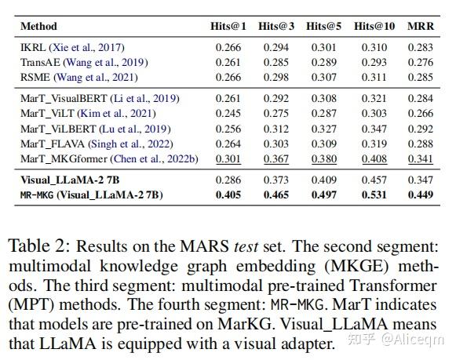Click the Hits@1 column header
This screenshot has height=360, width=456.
[x=228, y=26]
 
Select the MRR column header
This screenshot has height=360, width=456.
[x=421, y=26]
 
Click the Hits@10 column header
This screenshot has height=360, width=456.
[x=374, y=26]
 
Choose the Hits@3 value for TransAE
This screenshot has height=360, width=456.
[x=275, y=63]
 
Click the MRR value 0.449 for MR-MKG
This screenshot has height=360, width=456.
[x=421, y=195]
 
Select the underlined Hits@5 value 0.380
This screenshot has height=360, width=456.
[x=323, y=158]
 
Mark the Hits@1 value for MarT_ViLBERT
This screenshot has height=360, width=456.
[x=228, y=129]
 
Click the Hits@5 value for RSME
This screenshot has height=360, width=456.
[x=323, y=77]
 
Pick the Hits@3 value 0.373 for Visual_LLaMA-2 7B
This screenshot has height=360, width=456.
[x=275, y=180]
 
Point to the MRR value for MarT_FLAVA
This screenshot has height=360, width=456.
[x=421, y=144]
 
